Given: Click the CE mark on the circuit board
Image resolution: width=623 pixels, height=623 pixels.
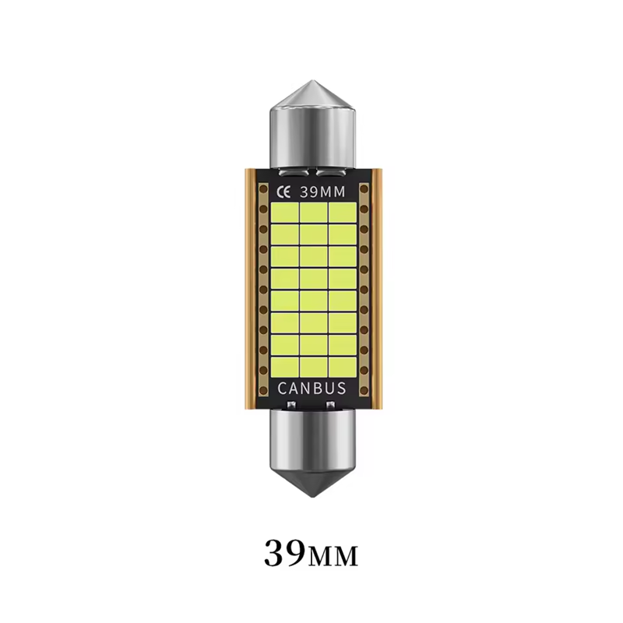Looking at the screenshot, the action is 283,192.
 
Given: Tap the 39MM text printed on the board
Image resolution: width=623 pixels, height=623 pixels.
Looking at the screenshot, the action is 322,192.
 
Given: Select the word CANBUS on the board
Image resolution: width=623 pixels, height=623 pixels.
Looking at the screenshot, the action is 312,388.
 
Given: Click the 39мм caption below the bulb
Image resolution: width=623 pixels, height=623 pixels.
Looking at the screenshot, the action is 311,553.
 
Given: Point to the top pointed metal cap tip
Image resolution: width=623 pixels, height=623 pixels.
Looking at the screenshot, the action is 312,81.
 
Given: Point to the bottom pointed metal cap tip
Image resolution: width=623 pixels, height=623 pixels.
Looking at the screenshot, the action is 312,497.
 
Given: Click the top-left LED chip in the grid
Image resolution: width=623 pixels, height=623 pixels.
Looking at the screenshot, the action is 284,213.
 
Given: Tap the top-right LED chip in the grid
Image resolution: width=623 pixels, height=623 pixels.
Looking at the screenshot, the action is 343,213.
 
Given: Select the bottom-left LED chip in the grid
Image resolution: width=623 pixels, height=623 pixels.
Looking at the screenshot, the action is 284,367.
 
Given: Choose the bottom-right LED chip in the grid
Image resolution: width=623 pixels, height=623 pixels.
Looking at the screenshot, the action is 343,367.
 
